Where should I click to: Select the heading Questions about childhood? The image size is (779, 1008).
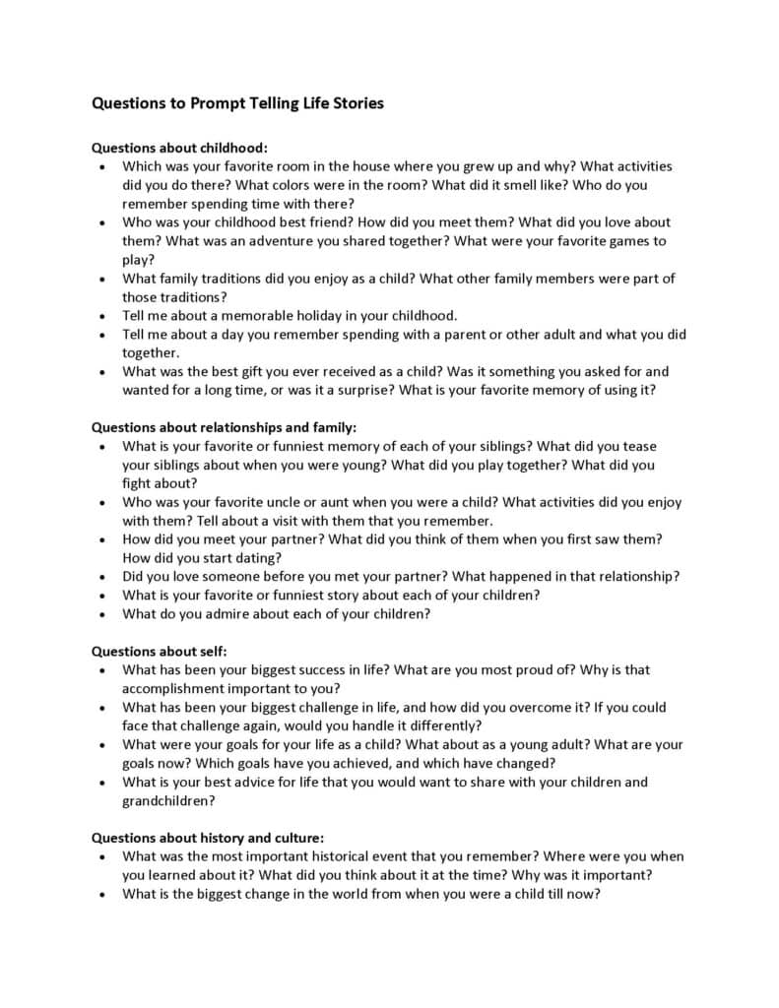[x=179, y=148]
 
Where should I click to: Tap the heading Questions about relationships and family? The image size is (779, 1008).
[x=224, y=427]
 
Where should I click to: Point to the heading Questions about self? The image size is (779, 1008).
[x=160, y=651]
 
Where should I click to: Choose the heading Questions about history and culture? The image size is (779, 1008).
[x=207, y=838]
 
